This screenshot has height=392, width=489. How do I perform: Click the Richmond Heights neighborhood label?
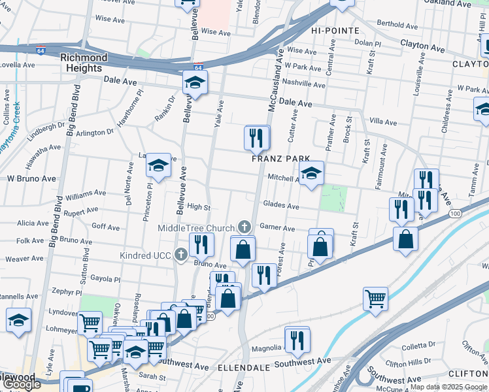click(x=81, y=63)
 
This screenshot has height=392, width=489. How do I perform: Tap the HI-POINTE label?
click(x=335, y=31)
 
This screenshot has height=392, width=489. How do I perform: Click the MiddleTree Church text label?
click(x=195, y=228)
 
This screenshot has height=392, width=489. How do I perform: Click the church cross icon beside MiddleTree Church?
click(x=244, y=227)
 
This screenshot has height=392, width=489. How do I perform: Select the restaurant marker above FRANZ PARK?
click(x=257, y=138)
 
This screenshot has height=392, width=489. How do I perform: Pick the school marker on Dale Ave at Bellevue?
click(x=195, y=82)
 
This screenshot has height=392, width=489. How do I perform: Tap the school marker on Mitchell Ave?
click(x=312, y=173)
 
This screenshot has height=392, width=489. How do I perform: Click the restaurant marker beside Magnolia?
click(x=297, y=340)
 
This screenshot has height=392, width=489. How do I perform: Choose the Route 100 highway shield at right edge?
click(x=456, y=214)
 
